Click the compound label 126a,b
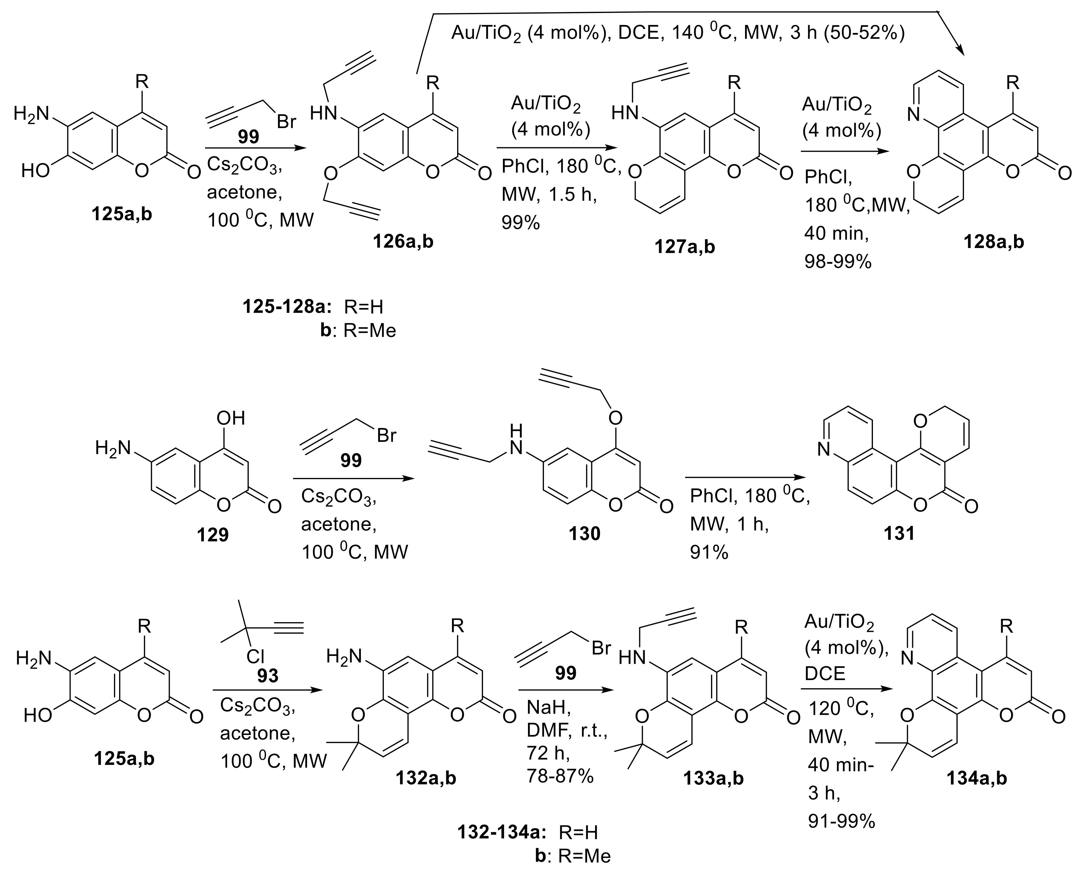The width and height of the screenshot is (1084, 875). (403, 242)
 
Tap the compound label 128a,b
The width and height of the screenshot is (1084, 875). (993, 242)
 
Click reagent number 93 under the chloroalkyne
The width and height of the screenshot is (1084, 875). (267, 675)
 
